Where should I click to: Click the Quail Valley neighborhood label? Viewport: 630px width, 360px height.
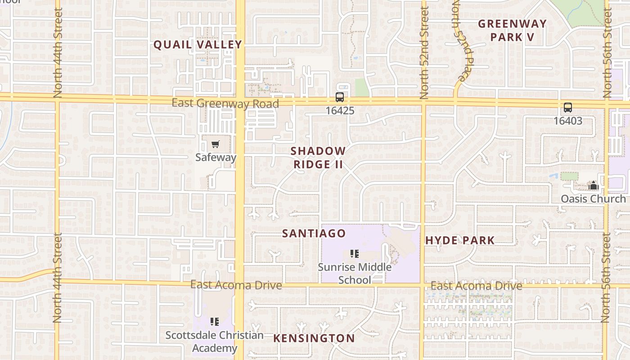[198, 45]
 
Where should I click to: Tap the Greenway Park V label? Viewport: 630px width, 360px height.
[512, 30]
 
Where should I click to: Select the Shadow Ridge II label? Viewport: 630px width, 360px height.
[318, 157]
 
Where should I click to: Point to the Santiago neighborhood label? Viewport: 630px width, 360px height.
[314, 233]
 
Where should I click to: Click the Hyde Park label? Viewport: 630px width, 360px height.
[460, 240]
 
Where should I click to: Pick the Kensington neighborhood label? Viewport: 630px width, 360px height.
[314, 338]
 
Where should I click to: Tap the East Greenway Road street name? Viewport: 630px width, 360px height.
[225, 103]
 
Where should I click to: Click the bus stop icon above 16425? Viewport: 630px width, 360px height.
[340, 97]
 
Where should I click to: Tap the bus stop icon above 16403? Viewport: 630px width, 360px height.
[568, 108]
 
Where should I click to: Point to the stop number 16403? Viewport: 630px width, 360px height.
[568, 121]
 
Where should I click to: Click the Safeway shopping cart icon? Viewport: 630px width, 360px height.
[216, 144]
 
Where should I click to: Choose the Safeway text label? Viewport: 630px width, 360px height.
[216, 157]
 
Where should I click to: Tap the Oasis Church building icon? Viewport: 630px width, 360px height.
[593, 185]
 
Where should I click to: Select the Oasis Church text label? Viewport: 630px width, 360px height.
[593, 198]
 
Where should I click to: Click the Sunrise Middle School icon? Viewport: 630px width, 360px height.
[355, 254]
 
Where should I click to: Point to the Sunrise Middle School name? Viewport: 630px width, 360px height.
[355, 273]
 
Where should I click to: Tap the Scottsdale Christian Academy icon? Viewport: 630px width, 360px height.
[215, 321]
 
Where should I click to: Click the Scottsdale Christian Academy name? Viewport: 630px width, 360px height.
[215, 342]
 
